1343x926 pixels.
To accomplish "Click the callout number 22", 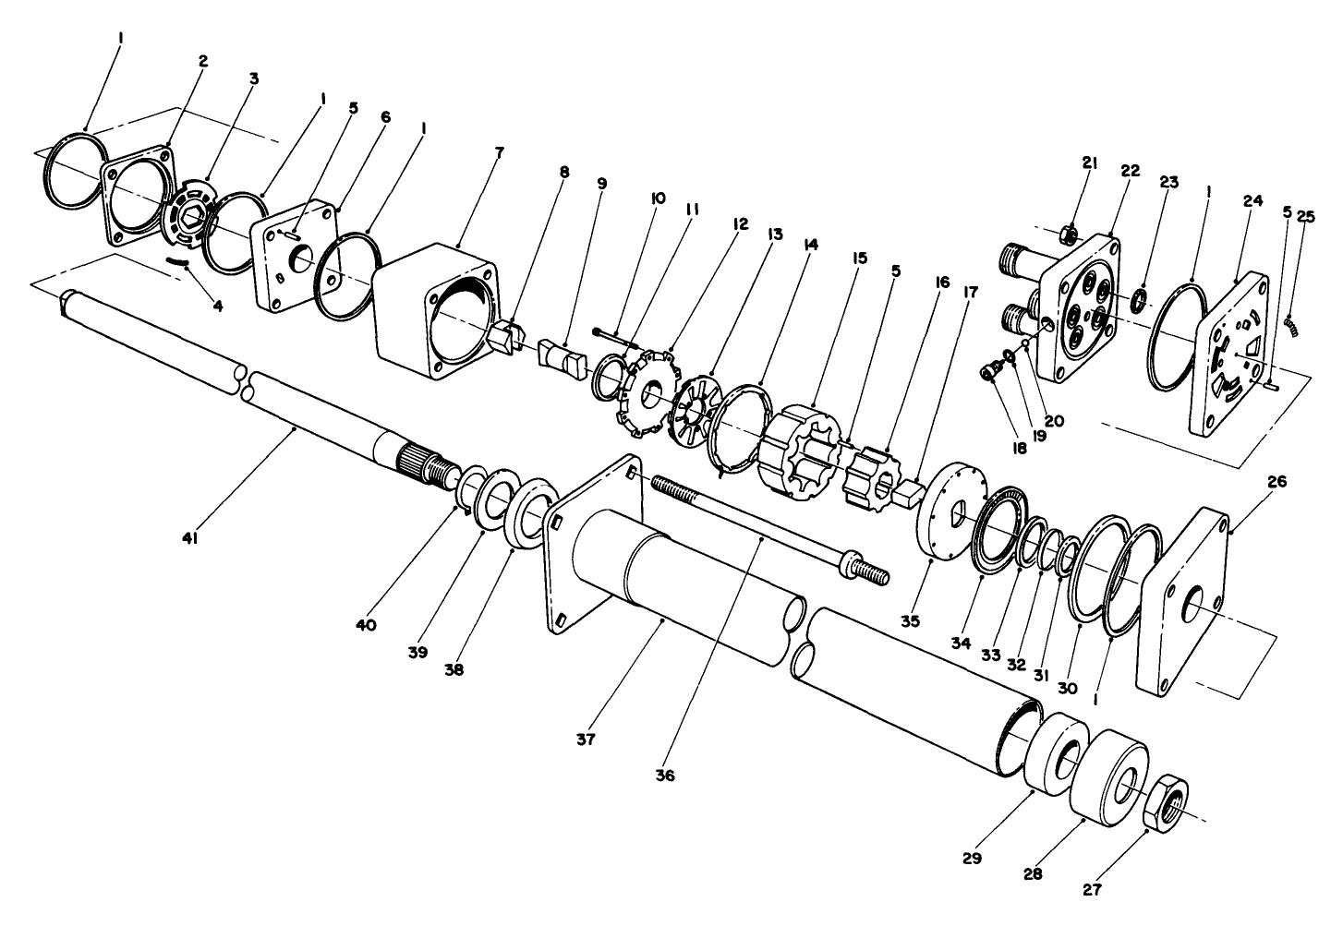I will [x=1131, y=171].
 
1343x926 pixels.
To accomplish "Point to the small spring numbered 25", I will [x=1291, y=326].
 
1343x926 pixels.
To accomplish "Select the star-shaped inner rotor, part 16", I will [x=870, y=475].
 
